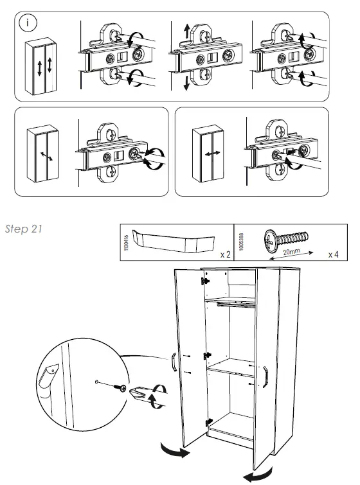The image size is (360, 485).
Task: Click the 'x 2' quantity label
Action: click(x=224, y=254)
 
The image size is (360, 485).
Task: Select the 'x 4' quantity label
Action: click(x=333, y=254)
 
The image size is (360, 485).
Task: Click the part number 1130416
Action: click(x=127, y=243)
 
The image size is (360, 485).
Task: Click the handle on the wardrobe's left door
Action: click(x=174, y=362)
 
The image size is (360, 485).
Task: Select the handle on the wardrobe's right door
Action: click(x=265, y=376)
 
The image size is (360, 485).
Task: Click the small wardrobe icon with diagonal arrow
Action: click(x=43, y=154)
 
